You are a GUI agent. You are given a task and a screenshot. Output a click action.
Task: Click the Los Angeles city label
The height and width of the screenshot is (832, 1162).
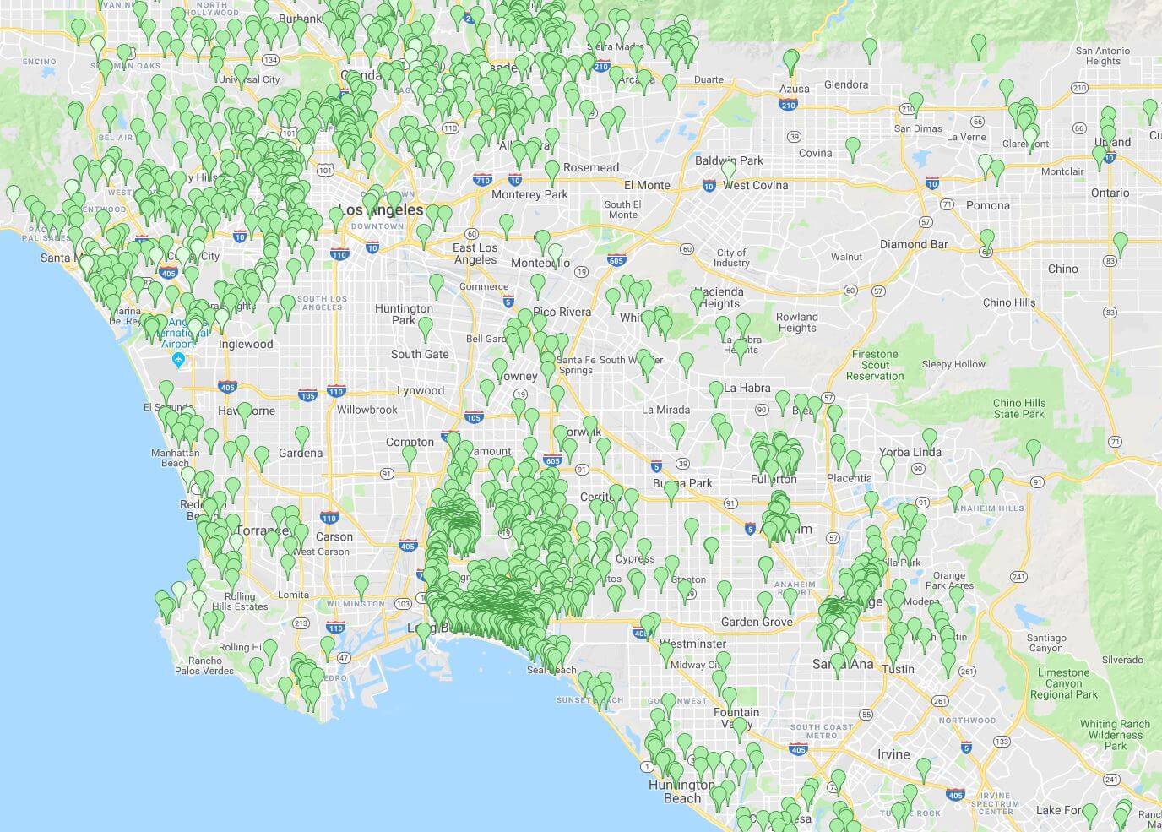[380, 209]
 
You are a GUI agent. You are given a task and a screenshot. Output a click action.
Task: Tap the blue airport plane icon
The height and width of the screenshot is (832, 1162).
[178, 361]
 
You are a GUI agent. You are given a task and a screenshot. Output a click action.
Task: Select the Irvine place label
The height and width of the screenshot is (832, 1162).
[893, 754]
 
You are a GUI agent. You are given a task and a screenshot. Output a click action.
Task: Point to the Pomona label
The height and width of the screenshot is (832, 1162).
[987, 205]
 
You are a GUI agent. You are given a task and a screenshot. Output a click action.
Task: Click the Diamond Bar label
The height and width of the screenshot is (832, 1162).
[914, 244]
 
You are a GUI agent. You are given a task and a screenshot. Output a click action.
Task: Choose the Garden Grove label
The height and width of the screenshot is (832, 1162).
[757, 622]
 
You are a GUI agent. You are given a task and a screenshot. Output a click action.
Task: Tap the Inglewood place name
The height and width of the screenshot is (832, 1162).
[246, 344]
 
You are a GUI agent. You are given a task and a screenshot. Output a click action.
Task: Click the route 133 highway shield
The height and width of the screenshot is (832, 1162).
[1002, 742]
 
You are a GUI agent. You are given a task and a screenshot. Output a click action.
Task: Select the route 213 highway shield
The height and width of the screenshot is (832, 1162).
[301, 623]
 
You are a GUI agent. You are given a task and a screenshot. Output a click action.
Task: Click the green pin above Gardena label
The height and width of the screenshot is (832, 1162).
[301, 436]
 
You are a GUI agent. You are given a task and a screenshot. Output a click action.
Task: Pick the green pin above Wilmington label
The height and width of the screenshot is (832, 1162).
[361, 584]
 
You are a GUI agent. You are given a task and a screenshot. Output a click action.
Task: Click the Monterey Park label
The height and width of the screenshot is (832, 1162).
[529, 194]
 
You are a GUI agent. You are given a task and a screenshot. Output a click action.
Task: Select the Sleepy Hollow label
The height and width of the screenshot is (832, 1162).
[953, 364]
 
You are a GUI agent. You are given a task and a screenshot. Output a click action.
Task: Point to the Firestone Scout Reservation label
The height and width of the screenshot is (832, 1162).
[875, 365]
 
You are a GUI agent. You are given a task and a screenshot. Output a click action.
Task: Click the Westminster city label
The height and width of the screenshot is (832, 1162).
[692, 644]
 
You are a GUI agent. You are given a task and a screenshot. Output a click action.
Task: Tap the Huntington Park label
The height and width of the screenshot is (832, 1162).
[404, 314]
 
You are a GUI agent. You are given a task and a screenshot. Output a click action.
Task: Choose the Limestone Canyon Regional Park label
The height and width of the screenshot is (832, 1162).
[1063, 683]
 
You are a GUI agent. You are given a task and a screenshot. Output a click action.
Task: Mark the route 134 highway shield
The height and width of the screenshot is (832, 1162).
[270, 60]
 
